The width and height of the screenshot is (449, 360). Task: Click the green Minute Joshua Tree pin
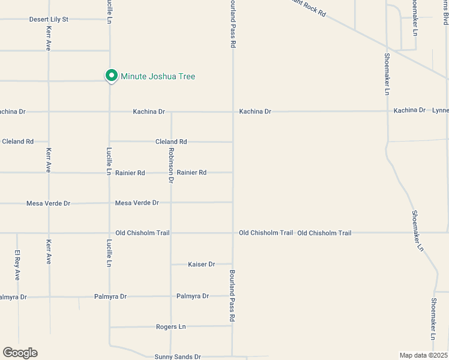tap(111, 76)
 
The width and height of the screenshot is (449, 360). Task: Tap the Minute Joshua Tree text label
tap(158, 76)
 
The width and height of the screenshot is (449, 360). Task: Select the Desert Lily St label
tap(49, 19)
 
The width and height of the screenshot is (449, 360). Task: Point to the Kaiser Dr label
tap(201, 264)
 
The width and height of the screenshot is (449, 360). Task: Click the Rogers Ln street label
tap(170, 326)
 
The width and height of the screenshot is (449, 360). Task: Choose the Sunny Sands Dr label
tap(178, 356)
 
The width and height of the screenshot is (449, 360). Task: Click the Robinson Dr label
tap(171, 165)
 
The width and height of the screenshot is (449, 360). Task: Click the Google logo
tap(20, 353)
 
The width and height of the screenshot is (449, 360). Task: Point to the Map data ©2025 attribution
tap(424, 355)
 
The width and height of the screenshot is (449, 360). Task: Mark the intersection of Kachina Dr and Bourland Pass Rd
tap(233, 112)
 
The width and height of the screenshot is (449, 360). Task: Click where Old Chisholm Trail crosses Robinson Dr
tap(171, 233)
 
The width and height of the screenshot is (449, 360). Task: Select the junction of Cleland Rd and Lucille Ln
tap(109, 142)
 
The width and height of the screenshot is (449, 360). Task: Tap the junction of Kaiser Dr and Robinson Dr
tap(171, 264)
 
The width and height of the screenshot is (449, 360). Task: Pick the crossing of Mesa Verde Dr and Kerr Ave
tap(49, 203)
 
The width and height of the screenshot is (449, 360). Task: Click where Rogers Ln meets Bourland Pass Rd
tap(232, 326)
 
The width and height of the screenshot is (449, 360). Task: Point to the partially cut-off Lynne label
tap(440, 110)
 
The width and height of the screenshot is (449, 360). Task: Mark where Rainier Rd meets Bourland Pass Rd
tap(233, 172)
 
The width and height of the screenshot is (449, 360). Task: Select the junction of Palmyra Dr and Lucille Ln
tap(109, 296)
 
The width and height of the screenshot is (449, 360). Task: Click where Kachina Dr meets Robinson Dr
tap(171, 112)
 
